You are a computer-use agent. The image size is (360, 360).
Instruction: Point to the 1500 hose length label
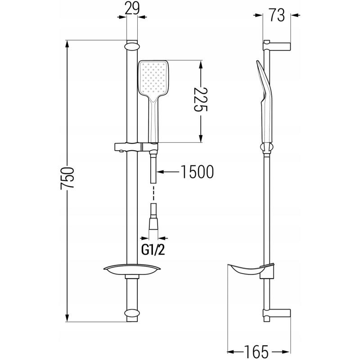click(x=194, y=172)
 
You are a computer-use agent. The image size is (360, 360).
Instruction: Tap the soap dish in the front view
click(x=131, y=270)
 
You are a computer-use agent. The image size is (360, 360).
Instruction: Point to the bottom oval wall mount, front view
click(x=131, y=313)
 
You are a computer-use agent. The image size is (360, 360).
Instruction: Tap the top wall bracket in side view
click(x=277, y=45)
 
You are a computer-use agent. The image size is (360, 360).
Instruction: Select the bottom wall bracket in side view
click(x=277, y=313)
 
